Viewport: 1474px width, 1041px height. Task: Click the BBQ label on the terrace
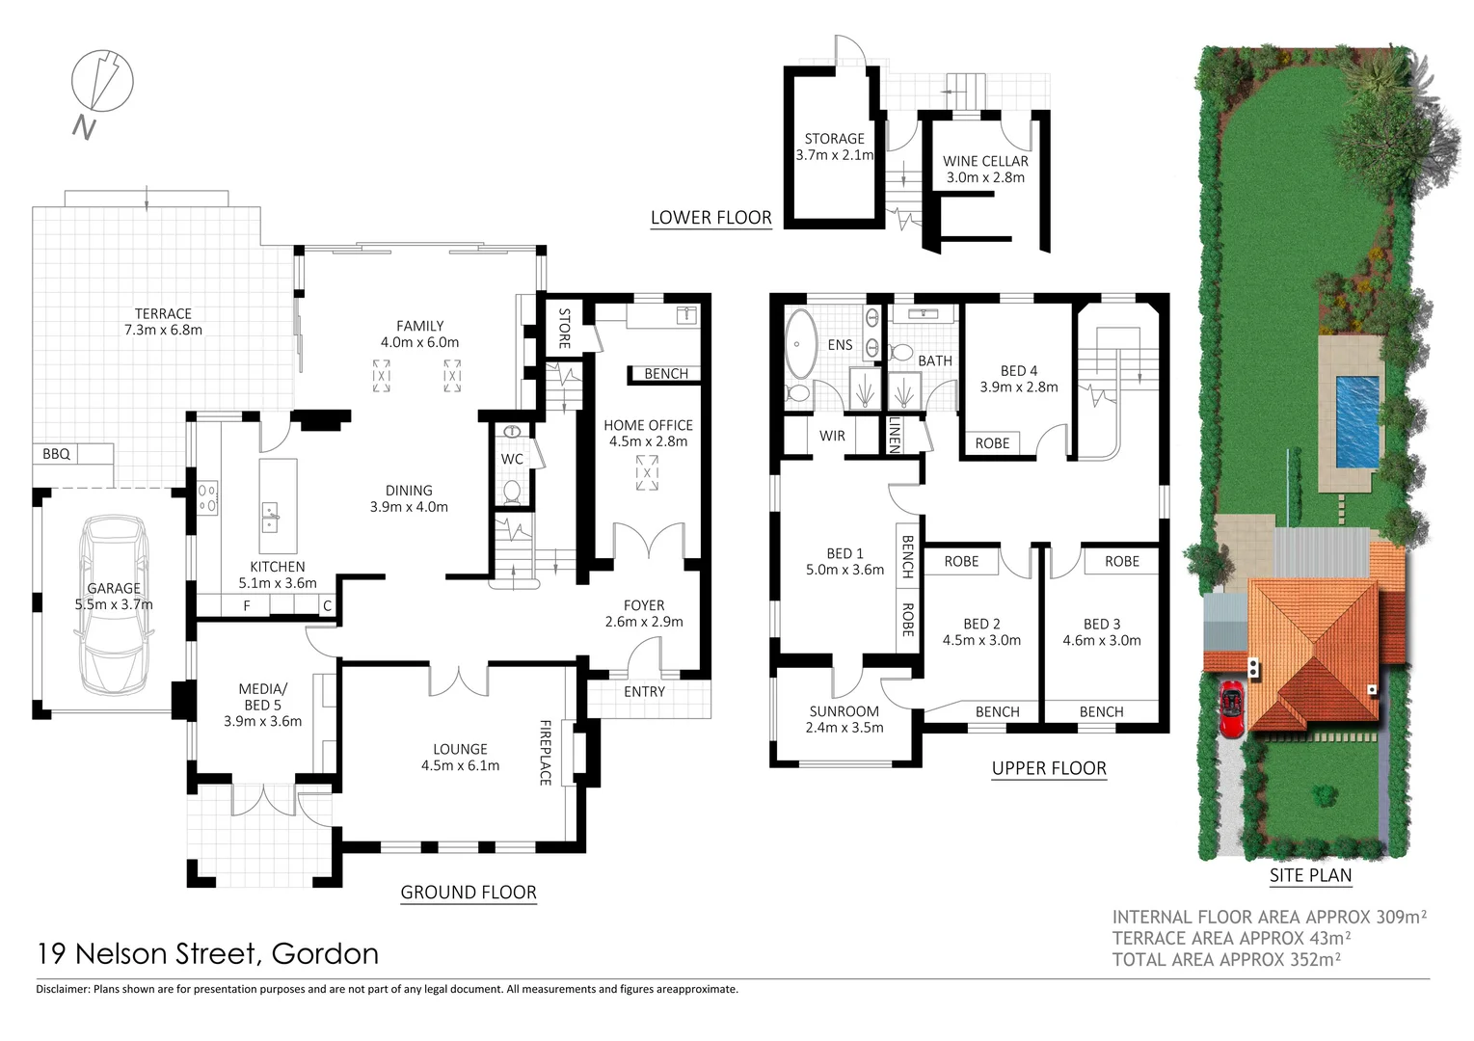click(56, 453)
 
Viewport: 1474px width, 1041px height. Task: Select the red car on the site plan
click(1232, 709)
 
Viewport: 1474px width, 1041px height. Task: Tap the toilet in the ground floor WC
click(512, 492)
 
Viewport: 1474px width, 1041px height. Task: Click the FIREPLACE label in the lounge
click(546, 752)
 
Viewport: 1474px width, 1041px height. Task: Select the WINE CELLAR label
click(985, 161)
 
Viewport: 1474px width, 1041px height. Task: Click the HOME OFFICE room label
click(648, 425)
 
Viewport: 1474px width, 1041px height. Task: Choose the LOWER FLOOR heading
click(710, 218)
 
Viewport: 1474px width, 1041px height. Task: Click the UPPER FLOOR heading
click(1049, 768)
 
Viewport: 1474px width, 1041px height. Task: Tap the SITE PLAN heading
click(1310, 875)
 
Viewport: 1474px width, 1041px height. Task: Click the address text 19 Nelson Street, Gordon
click(207, 953)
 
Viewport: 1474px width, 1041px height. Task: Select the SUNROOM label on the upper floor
click(844, 711)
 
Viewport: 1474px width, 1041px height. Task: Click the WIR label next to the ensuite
click(832, 436)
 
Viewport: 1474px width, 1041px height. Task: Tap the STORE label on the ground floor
click(565, 328)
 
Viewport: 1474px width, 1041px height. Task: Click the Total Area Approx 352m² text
click(1226, 959)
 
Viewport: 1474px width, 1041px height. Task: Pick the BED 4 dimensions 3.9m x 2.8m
click(1019, 387)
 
